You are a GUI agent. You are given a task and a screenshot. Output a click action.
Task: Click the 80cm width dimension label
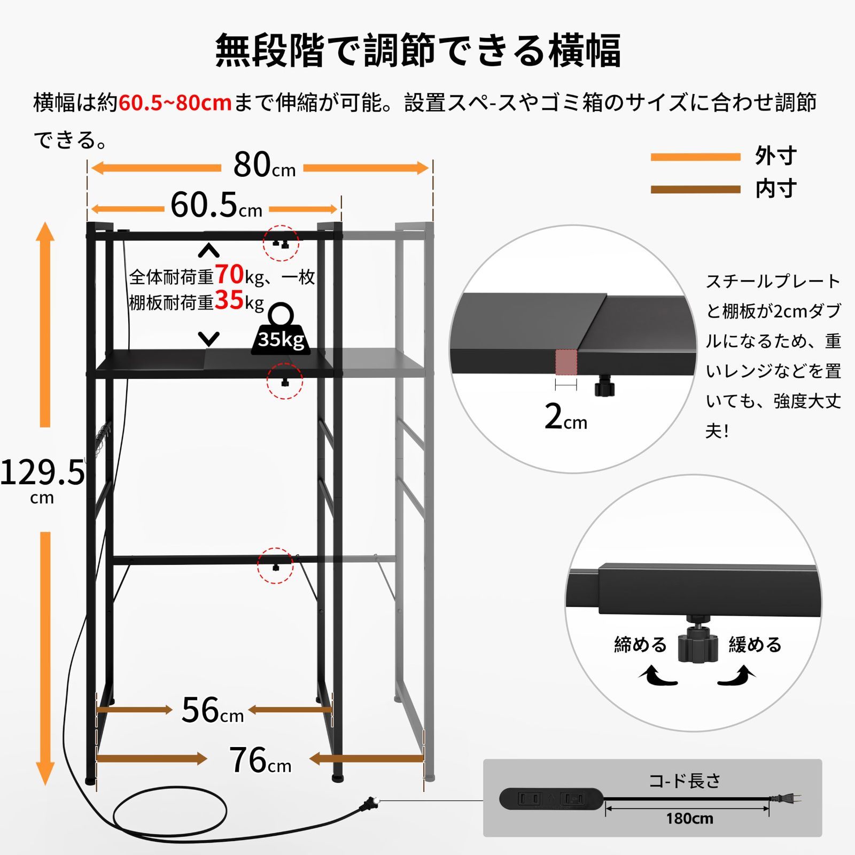265,165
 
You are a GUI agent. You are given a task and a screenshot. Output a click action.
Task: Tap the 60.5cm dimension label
216,205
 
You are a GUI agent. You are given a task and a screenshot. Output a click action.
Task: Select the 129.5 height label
42,473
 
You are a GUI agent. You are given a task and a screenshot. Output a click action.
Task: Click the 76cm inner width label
260,760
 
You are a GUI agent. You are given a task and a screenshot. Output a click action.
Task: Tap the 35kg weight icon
281,329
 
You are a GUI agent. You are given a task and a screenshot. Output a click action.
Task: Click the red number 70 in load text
229,275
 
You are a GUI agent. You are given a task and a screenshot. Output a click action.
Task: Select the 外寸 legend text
776,156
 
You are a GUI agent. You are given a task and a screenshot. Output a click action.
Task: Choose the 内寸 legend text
776,189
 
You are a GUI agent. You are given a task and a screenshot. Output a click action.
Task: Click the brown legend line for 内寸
695,189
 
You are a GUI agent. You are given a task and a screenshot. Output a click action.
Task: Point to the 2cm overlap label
566,417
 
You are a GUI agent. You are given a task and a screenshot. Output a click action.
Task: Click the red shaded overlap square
566,362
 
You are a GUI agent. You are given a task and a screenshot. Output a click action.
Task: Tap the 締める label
640,644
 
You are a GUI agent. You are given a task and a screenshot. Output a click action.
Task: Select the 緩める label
755,644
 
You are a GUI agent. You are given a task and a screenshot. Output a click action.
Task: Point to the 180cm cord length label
689,819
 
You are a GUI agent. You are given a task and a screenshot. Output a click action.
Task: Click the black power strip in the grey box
551,799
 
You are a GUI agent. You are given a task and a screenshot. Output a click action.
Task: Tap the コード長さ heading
685,781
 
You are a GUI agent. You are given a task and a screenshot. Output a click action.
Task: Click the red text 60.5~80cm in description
175,103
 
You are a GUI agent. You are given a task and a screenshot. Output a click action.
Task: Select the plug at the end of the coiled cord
370,803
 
